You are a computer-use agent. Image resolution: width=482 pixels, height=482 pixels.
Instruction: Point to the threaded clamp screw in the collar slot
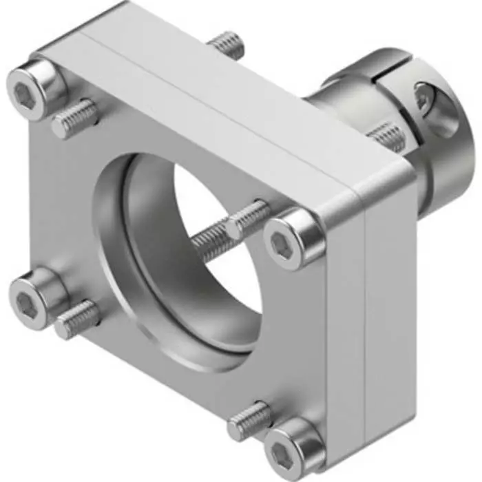click(386, 135)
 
